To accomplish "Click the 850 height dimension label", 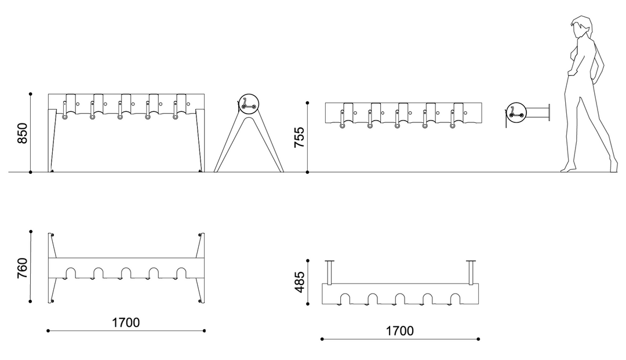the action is tap(23, 133).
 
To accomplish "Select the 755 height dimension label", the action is tap(300, 137).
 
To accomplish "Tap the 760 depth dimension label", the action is tap(23, 268).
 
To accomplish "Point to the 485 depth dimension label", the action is tap(300, 282).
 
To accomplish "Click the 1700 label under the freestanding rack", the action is tap(126, 322).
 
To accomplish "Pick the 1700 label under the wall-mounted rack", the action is tap(399, 331).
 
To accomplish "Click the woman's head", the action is tap(582, 27).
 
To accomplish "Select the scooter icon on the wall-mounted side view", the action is tap(516, 112).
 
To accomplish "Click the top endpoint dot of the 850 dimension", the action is tap(31, 94).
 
